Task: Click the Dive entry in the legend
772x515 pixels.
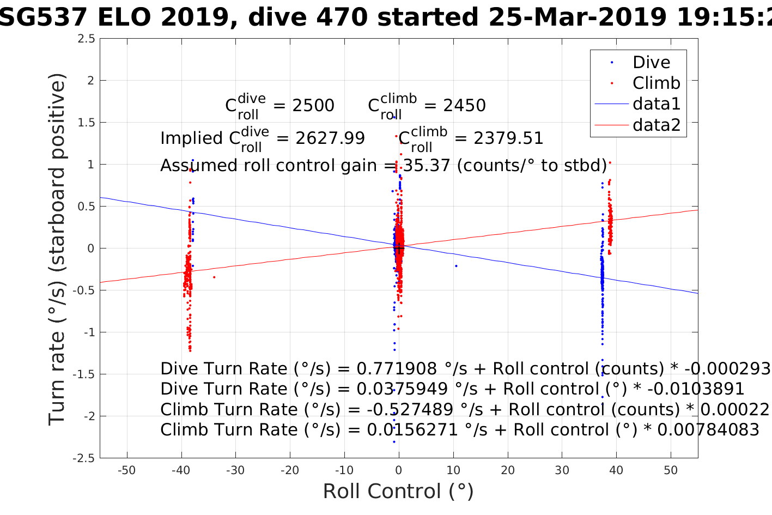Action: (x=651, y=63)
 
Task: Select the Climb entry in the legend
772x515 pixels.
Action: (x=656, y=83)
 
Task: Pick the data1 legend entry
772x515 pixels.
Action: (x=656, y=104)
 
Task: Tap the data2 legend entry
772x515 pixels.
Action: (x=656, y=125)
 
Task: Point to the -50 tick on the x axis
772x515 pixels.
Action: (x=127, y=470)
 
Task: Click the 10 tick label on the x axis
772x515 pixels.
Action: (x=453, y=470)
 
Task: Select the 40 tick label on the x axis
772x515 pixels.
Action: (x=616, y=470)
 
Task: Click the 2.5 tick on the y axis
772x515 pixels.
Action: (x=86, y=39)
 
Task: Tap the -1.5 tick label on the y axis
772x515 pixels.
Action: (x=83, y=374)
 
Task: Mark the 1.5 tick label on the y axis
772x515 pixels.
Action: (x=86, y=123)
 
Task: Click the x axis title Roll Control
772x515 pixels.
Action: (x=398, y=492)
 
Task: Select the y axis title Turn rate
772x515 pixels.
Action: (x=57, y=249)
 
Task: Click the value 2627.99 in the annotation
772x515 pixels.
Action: (x=330, y=138)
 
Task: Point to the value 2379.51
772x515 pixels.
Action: (x=508, y=138)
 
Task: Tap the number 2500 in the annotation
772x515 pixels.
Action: (x=313, y=106)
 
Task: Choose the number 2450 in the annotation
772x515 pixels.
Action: (x=464, y=106)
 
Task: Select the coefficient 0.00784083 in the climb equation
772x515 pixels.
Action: (x=708, y=430)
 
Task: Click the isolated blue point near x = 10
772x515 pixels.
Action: (x=456, y=266)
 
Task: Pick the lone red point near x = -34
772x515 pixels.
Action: (x=214, y=277)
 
